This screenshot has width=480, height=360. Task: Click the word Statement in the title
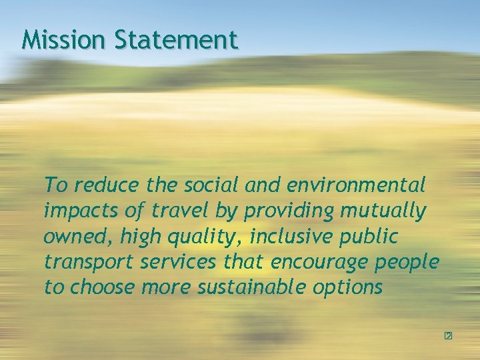[x=175, y=40]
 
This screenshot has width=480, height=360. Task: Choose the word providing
[x=289, y=211]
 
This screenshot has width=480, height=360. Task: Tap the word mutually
[x=383, y=211]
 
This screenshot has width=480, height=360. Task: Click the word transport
[x=89, y=263]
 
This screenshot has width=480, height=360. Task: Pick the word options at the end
[x=351, y=289]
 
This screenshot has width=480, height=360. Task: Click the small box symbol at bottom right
[x=448, y=336]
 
